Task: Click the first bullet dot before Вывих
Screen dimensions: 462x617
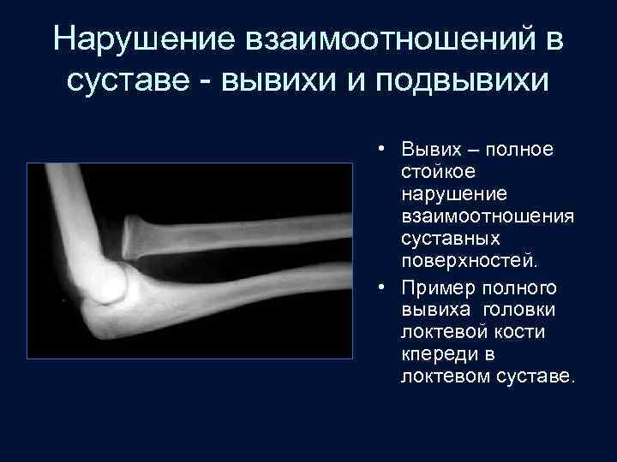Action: point(383,150)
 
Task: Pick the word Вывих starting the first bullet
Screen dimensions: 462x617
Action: point(427,150)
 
